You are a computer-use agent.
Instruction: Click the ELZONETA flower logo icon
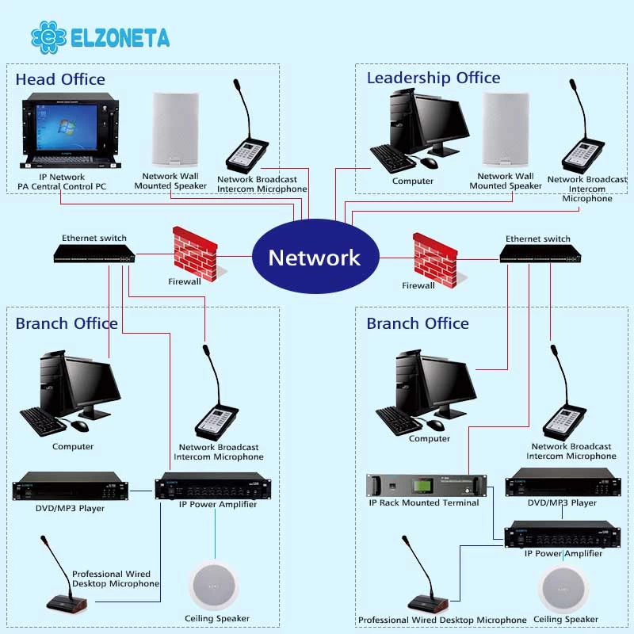(48, 37)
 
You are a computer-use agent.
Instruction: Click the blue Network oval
(315, 256)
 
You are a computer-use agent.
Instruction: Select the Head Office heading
(60, 79)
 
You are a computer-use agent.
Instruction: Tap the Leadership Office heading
(433, 78)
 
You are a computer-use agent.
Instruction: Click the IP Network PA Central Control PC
(71, 130)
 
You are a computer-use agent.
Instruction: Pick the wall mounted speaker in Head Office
(174, 129)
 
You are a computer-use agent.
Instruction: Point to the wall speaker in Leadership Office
(506, 129)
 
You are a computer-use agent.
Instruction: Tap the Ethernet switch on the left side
(94, 254)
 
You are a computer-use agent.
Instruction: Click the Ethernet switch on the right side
(540, 254)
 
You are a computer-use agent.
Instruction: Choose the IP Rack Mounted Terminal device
(426, 485)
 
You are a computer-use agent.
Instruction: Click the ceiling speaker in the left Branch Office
(213, 586)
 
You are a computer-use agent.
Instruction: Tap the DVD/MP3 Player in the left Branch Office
(71, 486)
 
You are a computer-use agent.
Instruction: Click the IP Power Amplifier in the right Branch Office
(563, 534)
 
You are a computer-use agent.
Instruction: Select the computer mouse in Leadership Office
(429, 162)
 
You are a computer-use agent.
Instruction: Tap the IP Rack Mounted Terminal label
(424, 502)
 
